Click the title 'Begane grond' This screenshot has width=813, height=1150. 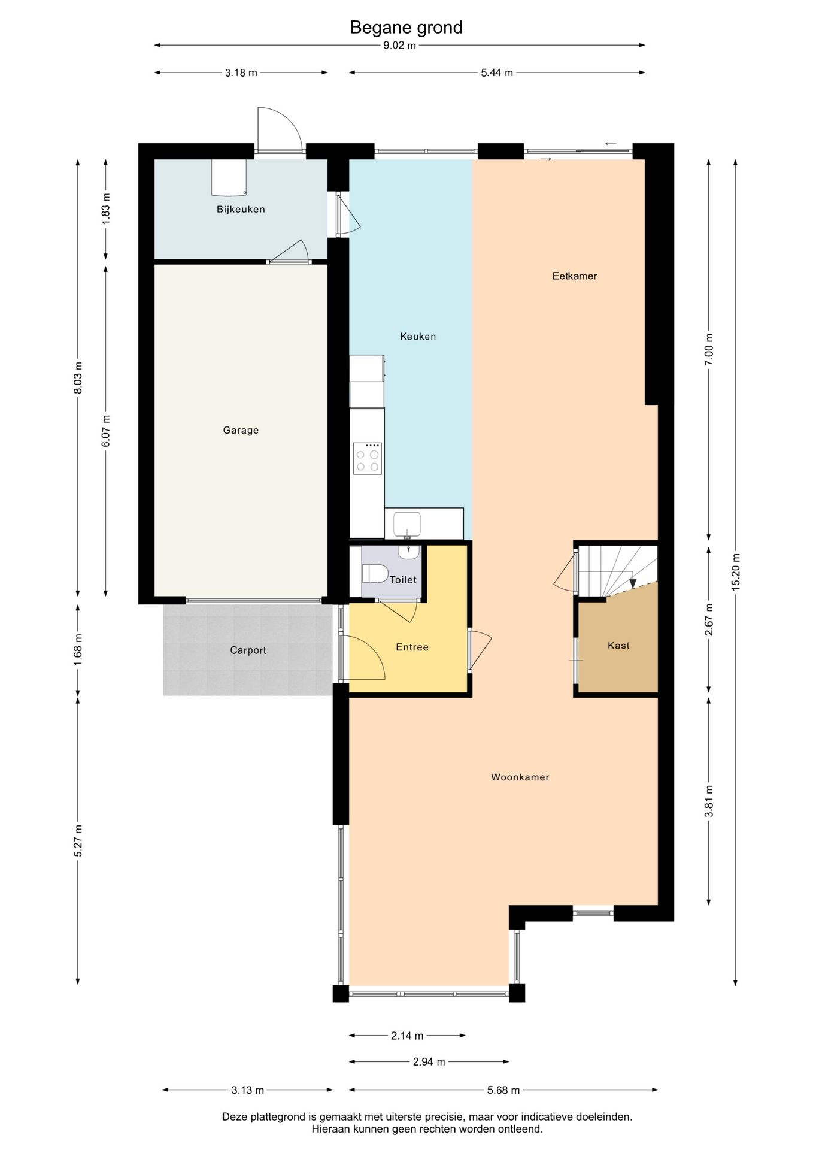point(406,28)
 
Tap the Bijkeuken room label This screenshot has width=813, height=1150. point(241,209)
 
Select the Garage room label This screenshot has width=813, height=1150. point(241,430)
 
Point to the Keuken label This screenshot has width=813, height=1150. point(418,337)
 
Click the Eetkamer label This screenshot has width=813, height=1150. point(575,276)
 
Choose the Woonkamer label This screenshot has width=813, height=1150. point(520,777)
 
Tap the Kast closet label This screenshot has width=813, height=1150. point(618,646)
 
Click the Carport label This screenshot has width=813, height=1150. point(248,650)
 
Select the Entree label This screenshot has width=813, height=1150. point(412,647)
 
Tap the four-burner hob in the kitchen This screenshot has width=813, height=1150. point(368,458)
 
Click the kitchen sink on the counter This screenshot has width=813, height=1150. point(407,523)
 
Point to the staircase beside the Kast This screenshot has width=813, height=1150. point(617,571)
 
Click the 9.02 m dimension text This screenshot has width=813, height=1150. point(400,46)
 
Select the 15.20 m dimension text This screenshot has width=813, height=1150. point(736,572)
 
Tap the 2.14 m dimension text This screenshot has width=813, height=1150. point(407,1036)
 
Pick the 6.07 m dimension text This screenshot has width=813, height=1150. point(106,431)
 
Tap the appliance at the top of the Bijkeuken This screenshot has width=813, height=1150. point(228,177)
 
